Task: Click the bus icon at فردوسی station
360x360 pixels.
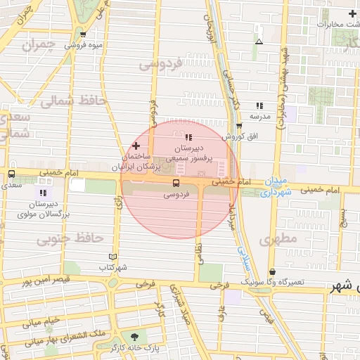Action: pos(175,183)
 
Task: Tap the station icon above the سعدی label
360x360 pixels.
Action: pos(11,174)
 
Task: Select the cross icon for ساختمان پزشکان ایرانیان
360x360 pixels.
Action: pos(136,145)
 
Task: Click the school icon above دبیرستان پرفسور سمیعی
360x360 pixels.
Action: pos(188,136)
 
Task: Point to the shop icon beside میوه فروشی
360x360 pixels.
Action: pos(84,34)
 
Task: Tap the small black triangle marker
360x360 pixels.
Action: pos(259,41)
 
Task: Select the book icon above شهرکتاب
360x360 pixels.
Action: pos(114,257)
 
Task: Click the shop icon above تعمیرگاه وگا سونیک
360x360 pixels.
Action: pos(272,271)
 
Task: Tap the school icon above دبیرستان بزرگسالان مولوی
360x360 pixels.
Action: pos(44,192)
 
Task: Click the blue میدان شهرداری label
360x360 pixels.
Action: pos(278,185)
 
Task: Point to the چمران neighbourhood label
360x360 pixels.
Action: pos(38,46)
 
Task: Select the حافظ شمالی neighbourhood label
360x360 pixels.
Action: pos(72,101)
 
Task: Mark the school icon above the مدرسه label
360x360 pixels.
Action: pos(259,105)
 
